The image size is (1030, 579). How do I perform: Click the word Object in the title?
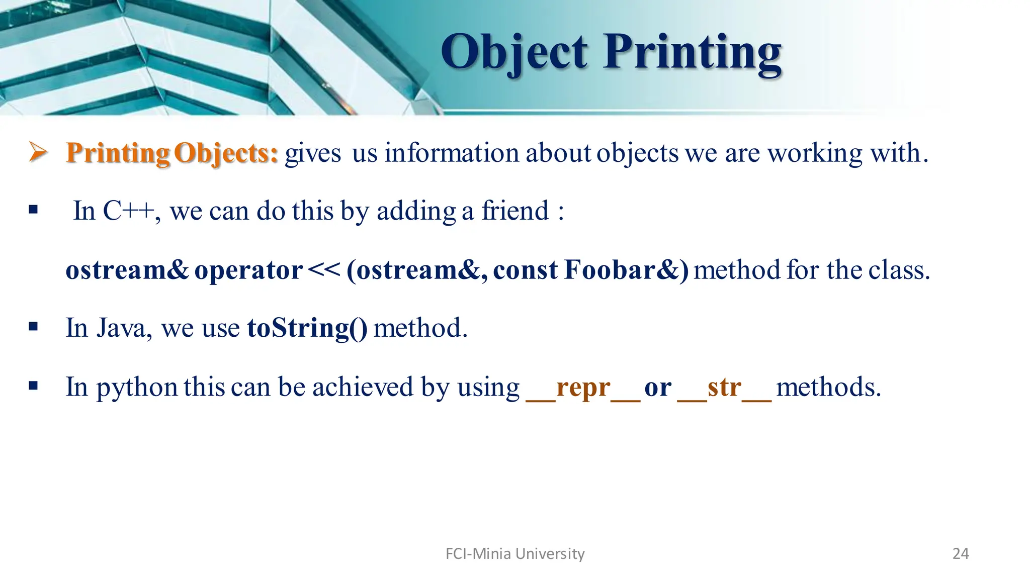pyautogui.click(x=514, y=53)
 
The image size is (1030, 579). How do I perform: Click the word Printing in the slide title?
pyautogui.click(x=693, y=53)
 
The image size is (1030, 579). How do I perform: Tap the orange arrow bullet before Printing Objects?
pyautogui.click(x=38, y=152)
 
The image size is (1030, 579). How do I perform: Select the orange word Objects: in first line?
pyautogui.click(x=226, y=153)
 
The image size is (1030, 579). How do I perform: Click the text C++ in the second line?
pyautogui.click(x=129, y=211)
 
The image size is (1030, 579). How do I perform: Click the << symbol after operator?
pyautogui.click(x=323, y=270)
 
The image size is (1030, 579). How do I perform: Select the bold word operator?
pyautogui.click(x=248, y=270)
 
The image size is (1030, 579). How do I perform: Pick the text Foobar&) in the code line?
pyautogui.click(x=626, y=270)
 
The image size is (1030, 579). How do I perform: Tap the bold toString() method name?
pyautogui.click(x=307, y=328)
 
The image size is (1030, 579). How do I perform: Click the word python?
pyautogui.click(x=136, y=388)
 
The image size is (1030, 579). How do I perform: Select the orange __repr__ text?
pyautogui.click(x=582, y=388)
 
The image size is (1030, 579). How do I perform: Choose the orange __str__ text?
pyautogui.click(x=724, y=388)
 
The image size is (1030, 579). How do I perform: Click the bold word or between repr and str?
pyautogui.click(x=657, y=388)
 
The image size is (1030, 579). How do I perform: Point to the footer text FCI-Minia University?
pyautogui.click(x=515, y=553)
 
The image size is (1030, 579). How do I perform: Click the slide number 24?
pyautogui.click(x=960, y=553)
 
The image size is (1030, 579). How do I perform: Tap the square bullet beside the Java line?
pyautogui.click(x=33, y=327)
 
